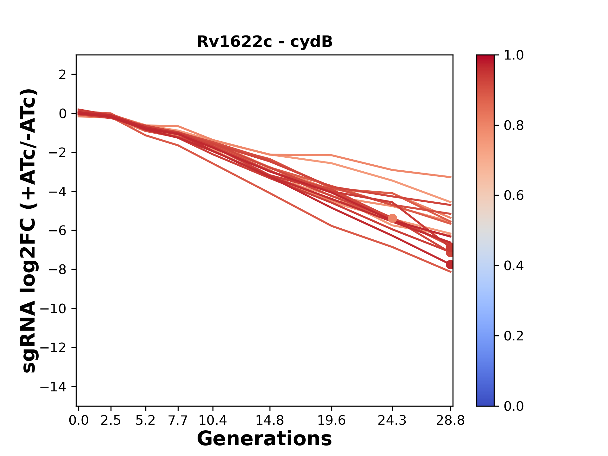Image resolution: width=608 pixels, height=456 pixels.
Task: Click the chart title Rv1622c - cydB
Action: (264, 42)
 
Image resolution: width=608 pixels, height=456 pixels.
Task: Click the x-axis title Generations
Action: (264, 439)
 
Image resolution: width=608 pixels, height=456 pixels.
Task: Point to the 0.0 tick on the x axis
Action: (79, 421)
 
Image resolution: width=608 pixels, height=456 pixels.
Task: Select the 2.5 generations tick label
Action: (111, 421)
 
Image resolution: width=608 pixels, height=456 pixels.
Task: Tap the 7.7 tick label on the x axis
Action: (178, 421)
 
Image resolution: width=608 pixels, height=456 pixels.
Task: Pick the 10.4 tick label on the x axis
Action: (213, 421)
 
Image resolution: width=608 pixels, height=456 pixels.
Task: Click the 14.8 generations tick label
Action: (270, 421)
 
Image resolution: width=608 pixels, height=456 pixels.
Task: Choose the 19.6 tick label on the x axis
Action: (332, 421)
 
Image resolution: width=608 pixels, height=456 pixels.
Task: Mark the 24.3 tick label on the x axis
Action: (392, 421)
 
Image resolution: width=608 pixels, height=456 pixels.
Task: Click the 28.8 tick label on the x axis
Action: (450, 421)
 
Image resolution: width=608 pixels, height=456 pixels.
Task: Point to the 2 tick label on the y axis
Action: (62, 74)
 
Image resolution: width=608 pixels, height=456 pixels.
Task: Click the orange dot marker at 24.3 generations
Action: (392, 218)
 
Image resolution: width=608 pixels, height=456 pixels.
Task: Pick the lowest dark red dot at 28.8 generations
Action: (450, 264)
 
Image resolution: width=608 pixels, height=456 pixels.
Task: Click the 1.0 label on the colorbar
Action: (514, 55)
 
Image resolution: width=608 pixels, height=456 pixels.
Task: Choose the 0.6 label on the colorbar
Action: (514, 195)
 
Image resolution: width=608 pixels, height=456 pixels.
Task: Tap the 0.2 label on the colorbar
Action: (514, 336)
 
